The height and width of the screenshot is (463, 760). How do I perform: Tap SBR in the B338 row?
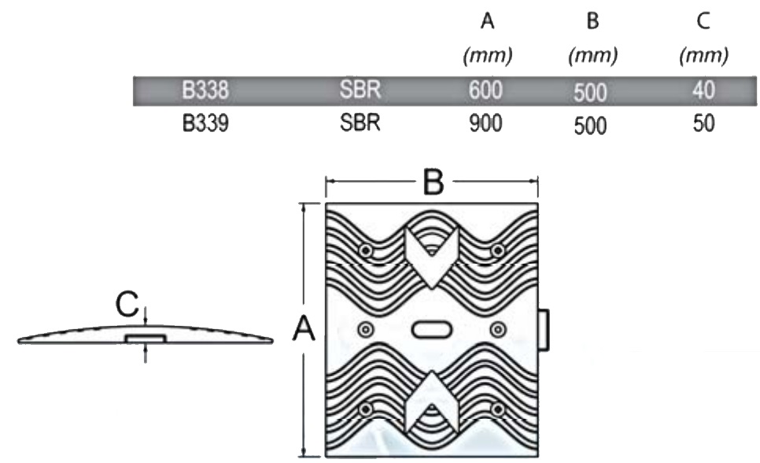pyautogui.click(x=360, y=91)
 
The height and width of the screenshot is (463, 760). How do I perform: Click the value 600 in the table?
pyautogui.click(x=486, y=91)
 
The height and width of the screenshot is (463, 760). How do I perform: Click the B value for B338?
pyautogui.click(x=590, y=92)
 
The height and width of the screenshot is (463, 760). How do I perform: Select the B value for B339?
pyautogui.click(x=590, y=125)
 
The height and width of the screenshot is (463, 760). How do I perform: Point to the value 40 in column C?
pyautogui.click(x=703, y=91)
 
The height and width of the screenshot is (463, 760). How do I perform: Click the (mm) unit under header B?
pyautogui.click(x=592, y=56)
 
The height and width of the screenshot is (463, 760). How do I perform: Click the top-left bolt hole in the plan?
pyautogui.click(x=367, y=250)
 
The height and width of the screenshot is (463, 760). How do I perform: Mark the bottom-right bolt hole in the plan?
pyautogui.click(x=497, y=409)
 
